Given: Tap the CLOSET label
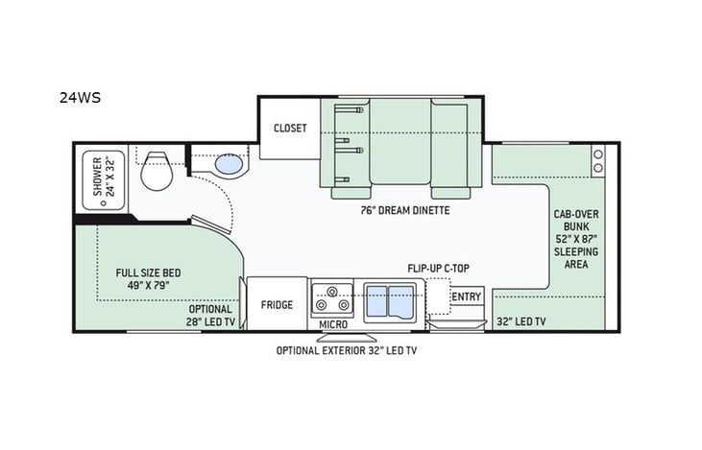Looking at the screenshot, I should click(290, 129).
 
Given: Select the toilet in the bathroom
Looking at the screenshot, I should click(157, 173).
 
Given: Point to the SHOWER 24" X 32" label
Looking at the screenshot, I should click(103, 177).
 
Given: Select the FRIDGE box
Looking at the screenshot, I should click(277, 305).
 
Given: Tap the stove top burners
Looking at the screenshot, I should click(333, 298).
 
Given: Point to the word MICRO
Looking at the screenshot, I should click(333, 325).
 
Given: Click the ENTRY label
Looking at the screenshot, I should click(466, 296).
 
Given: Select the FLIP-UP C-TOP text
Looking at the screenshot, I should click(437, 269).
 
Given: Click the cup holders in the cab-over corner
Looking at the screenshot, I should click(598, 160).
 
